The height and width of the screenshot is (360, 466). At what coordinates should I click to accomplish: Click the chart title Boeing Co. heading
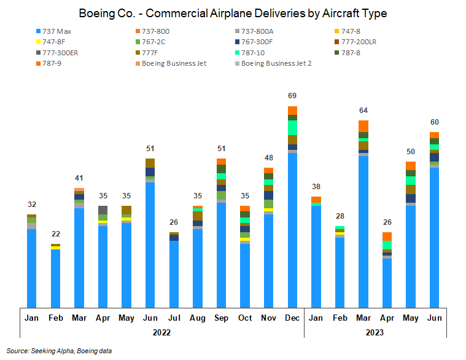233,13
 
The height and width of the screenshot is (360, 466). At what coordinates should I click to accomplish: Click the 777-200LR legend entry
362,42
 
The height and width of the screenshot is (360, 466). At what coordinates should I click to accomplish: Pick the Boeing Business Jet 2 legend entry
276,63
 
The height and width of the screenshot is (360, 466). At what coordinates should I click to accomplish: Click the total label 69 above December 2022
293,96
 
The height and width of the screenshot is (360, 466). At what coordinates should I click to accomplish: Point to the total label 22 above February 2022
55,234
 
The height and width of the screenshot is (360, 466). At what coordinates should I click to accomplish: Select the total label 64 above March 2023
363,111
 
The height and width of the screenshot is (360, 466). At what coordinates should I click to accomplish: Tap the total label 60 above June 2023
434,122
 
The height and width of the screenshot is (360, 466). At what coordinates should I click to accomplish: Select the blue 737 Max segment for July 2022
174,274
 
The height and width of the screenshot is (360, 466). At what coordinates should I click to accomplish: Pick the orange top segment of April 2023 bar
387,237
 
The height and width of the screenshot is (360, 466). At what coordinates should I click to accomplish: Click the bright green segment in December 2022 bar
293,128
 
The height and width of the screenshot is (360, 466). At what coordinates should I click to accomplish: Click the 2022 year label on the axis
161,332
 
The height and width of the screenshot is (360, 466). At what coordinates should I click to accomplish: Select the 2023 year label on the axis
375,332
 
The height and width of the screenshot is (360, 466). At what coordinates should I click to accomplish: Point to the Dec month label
293,318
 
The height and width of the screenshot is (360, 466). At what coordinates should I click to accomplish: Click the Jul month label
174,318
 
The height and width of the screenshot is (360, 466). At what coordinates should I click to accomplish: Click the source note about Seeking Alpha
60,351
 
